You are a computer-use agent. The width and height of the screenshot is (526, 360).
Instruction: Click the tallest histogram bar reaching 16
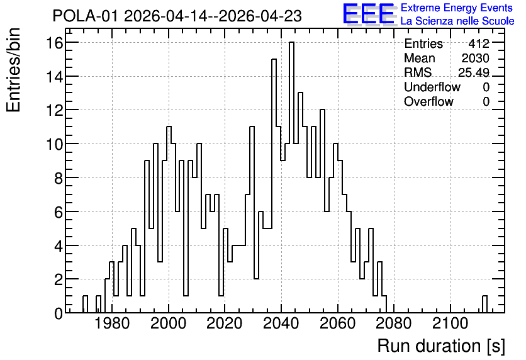click(x=291, y=177)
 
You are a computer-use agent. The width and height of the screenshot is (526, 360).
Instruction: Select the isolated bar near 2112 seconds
click(x=484, y=305)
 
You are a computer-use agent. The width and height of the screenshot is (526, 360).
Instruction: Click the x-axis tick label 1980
click(x=112, y=323)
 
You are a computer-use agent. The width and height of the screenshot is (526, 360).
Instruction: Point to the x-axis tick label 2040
click(x=281, y=323)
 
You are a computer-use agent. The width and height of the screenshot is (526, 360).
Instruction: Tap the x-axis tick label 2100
click(x=450, y=323)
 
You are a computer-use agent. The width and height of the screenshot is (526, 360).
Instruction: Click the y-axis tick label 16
click(x=54, y=43)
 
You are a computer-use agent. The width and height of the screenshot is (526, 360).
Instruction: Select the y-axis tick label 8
click(x=59, y=178)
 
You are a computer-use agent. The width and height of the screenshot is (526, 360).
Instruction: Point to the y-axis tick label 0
click(x=59, y=313)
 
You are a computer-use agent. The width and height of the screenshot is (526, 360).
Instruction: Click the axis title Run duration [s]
click(x=441, y=346)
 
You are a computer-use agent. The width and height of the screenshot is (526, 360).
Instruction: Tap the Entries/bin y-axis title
click(x=13, y=70)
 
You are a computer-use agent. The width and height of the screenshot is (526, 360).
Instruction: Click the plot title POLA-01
click(x=85, y=16)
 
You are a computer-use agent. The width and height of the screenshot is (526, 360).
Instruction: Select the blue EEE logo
click(x=369, y=14)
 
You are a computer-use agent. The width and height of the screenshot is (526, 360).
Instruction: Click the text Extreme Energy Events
click(x=457, y=8)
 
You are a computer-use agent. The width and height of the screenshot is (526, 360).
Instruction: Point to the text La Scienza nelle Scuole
click(x=457, y=21)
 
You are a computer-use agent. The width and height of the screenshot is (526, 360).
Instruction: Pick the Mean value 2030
click(x=475, y=58)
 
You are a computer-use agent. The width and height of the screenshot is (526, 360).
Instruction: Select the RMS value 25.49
click(x=474, y=72)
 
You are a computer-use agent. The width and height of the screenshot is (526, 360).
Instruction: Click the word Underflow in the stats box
click(x=432, y=87)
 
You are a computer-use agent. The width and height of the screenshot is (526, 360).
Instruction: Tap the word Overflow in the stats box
click(x=428, y=101)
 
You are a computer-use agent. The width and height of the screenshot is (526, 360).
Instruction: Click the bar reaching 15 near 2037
click(x=274, y=186)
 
